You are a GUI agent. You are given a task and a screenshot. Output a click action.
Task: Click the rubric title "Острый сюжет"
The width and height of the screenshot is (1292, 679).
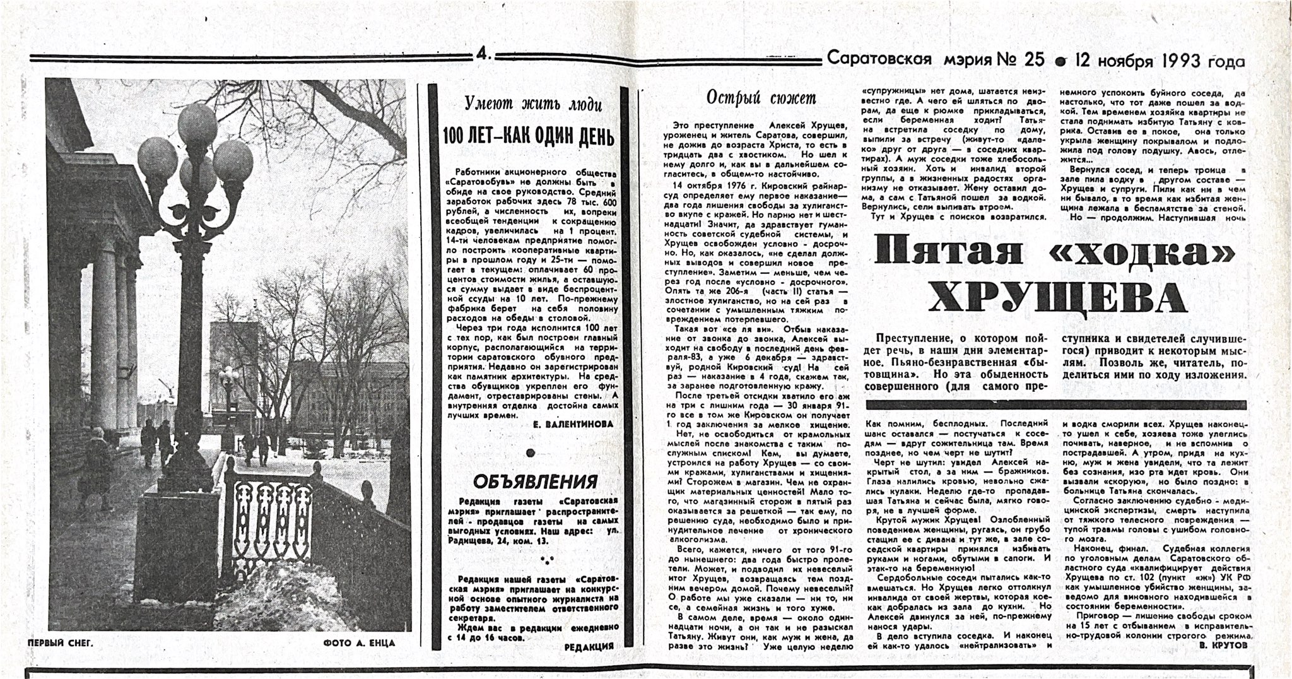[x=761, y=97]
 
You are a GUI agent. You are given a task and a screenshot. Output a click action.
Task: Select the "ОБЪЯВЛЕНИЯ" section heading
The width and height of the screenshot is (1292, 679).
[x=535, y=481]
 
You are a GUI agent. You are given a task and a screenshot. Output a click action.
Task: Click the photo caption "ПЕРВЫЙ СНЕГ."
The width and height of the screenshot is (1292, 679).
[x=61, y=642]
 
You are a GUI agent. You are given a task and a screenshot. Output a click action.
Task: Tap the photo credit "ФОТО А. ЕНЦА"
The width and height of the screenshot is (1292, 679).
[x=358, y=643]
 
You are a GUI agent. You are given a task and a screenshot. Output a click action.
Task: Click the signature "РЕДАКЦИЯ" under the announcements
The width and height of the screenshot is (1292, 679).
[x=589, y=647]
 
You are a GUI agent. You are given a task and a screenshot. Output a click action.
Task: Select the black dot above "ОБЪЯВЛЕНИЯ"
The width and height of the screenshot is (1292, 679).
[x=531, y=452]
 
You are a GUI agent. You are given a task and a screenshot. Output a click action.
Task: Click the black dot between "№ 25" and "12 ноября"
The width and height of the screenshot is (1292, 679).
[x=1061, y=62]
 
